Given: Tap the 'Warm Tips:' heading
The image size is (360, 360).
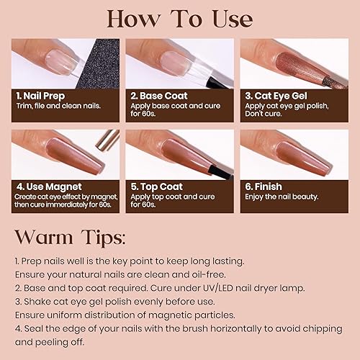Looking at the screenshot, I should point(70,236).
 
